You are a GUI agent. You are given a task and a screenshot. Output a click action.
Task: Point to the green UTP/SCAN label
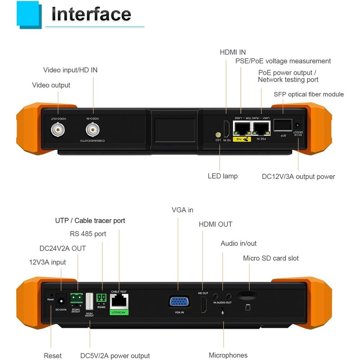[x=119, y=312]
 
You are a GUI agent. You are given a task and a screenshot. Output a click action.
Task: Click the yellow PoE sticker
[x=242, y=139]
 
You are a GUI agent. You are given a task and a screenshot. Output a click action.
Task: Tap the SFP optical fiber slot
[x=283, y=125]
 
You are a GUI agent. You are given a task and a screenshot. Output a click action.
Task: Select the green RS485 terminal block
[x=102, y=298]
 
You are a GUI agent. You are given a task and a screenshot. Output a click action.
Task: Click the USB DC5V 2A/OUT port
[x=90, y=301]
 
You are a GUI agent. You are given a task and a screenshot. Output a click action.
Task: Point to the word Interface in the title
[x=91, y=14]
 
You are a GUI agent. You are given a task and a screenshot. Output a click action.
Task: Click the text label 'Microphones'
[x=228, y=355]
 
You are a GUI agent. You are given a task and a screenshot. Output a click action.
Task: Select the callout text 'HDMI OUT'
[x=216, y=224]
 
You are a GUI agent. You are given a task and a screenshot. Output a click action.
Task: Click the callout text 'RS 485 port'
[x=88, y=234]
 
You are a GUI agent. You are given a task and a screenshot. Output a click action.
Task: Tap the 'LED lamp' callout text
[x=222, y=176]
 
